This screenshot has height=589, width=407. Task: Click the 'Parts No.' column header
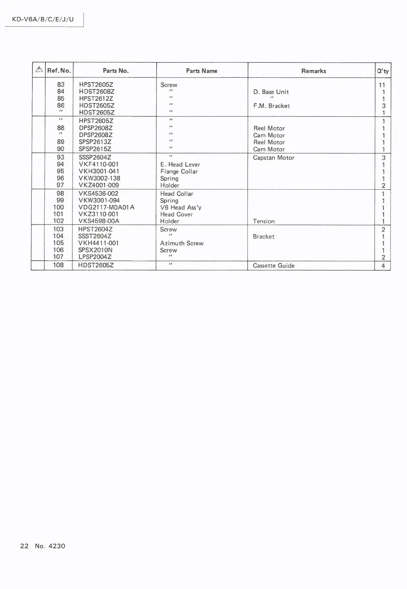pos(115,71)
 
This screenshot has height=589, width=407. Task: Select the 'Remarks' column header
pos(314,71)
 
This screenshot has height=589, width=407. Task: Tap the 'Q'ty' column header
pos(383,71)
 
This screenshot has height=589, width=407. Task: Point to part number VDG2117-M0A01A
pos(106,207)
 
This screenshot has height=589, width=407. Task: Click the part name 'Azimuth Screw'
pos(182,243)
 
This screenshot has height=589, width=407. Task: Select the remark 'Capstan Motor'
pos(274,158)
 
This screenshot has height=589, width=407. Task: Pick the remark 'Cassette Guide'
pos(274,266)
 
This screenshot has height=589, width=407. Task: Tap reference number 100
pos(59,207)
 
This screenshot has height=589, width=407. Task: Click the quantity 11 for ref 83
pos(382,85)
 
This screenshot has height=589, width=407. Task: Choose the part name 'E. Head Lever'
pos(180,165)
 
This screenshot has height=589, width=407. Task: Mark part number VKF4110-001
pos(99,164)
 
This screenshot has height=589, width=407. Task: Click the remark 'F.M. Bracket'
pos(272,106)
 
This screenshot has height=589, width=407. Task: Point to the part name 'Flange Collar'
pos(179,171)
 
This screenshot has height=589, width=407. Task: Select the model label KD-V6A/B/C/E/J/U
pos(43,19)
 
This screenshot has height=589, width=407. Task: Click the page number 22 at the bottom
pos(24,546)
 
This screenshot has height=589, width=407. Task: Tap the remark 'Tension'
pos(264,221)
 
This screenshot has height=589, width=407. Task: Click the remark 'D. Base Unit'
pos(271,92)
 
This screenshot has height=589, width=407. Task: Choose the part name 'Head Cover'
pos(176,214)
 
